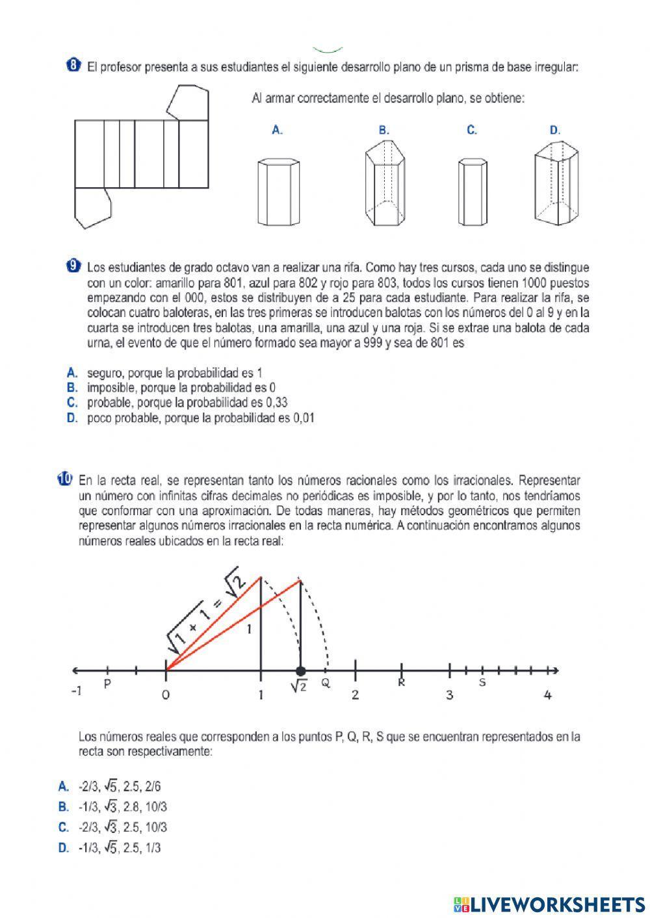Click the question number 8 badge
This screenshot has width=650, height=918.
73,65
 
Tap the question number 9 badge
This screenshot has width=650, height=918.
73,266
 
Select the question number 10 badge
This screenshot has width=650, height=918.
64,480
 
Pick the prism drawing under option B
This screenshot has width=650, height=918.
383,186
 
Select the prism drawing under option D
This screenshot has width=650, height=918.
556,186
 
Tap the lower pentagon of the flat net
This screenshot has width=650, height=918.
92,207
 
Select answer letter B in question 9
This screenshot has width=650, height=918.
72,388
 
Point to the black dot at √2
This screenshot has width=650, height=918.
300,671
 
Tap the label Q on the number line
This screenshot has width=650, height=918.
326,683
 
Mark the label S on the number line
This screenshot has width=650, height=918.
482,683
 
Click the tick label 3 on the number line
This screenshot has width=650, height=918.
449,695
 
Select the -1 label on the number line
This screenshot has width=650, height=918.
76,691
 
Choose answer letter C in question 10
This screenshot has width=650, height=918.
63,827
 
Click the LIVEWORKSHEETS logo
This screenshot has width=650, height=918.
549,904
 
